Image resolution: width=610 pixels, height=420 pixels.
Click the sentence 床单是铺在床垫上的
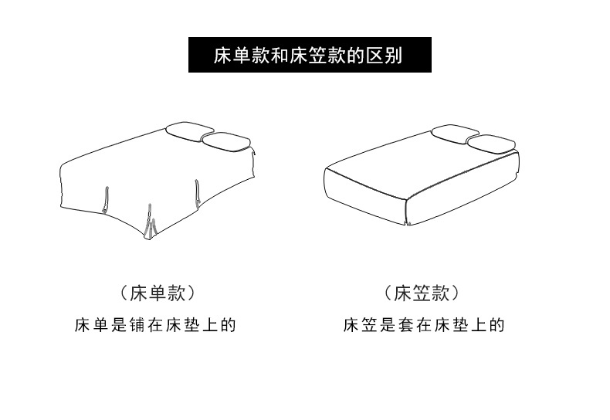tap(154, 325)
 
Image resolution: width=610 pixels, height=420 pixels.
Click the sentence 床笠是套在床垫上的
tap(423, 325)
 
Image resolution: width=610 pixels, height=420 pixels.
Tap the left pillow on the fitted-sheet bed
tap(455, 133)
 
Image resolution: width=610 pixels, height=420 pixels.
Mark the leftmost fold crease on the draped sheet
tap(104, 199)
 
